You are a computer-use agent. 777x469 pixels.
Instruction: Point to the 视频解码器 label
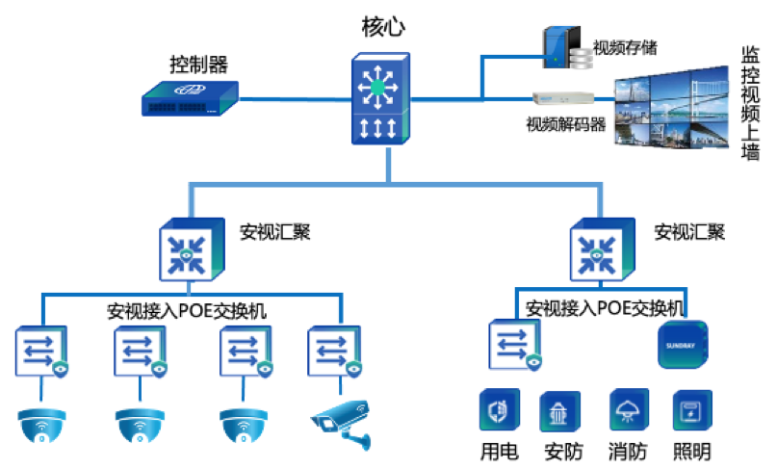tap(565, 123)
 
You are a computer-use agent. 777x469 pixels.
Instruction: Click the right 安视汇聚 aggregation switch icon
tap(597, 248)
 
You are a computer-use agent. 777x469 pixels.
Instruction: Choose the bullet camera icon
tap(341, 420)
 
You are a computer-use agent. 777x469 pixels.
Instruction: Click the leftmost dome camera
tap(41, 424)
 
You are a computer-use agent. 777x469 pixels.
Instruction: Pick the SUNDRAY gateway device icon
tap(683, 345)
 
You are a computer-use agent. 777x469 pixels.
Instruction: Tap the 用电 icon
tap(499, 409)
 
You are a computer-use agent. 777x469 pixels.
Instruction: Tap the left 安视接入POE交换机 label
tap(187, 311)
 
